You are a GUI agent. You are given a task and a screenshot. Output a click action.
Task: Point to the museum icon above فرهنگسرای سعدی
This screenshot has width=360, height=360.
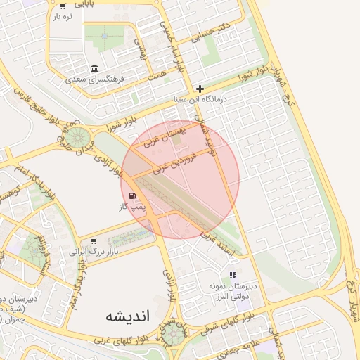tap(94, 67)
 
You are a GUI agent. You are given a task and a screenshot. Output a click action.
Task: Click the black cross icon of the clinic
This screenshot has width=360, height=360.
tap(201, 89)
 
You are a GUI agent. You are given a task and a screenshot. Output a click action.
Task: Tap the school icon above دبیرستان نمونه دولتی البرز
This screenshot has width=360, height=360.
tap(233, 275)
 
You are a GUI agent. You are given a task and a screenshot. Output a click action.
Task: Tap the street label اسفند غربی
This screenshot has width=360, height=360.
tap(217, 237)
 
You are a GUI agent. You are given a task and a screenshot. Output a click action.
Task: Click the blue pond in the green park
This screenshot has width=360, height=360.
tap(105, 34)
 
